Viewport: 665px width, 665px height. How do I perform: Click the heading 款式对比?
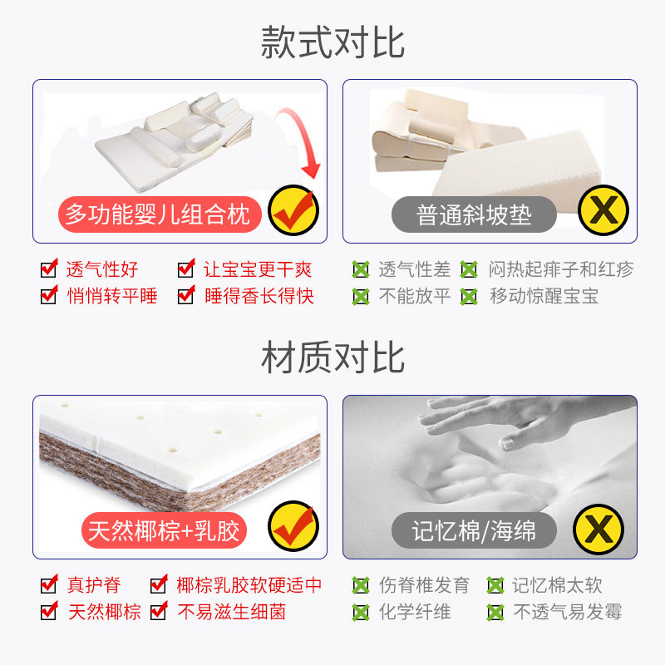point(332,42)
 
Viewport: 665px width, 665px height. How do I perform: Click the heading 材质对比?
point(332,358)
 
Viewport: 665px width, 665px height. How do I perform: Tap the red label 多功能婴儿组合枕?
point(159,214)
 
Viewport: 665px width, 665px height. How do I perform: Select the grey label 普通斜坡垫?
point(474,214)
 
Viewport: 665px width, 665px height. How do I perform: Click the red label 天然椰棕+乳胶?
point(164,530)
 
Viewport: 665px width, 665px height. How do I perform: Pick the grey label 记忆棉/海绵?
point(474,530)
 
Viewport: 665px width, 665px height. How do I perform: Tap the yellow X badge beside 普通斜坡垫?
point(603,210)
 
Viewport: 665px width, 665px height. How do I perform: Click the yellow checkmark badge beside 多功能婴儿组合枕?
point(293,210)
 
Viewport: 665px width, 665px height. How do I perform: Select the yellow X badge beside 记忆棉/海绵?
point(598,530)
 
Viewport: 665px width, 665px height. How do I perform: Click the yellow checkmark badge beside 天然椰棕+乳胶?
point(293,526)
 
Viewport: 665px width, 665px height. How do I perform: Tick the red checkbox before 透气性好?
point(49,268)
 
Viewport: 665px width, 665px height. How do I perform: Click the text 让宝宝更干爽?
point(258,269)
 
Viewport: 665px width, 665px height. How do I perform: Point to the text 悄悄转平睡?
point(112,296)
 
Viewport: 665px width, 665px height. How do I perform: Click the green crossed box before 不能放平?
point(361,297)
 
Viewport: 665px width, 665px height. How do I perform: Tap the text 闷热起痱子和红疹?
point(561,269)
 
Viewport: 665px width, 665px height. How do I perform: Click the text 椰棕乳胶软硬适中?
point(249,585)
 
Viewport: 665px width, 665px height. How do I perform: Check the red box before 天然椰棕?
point(49,611)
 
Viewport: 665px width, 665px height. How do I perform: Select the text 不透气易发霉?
point(568,612)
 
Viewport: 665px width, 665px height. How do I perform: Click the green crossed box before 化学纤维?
point(361,613)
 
